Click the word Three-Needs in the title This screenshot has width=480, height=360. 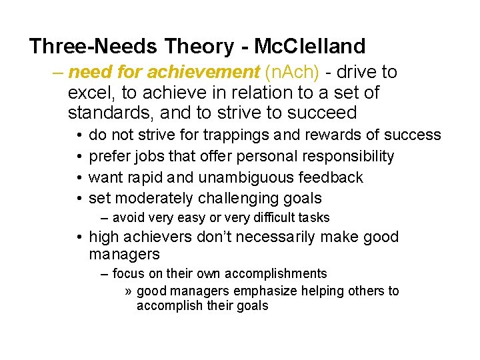[93, 47]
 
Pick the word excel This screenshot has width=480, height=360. [91, 92]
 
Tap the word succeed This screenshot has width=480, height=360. [326, 112]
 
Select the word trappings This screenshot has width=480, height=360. [237, 135]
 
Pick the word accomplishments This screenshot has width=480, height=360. [275, 273]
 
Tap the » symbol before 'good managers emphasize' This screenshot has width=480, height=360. [129, 291]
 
